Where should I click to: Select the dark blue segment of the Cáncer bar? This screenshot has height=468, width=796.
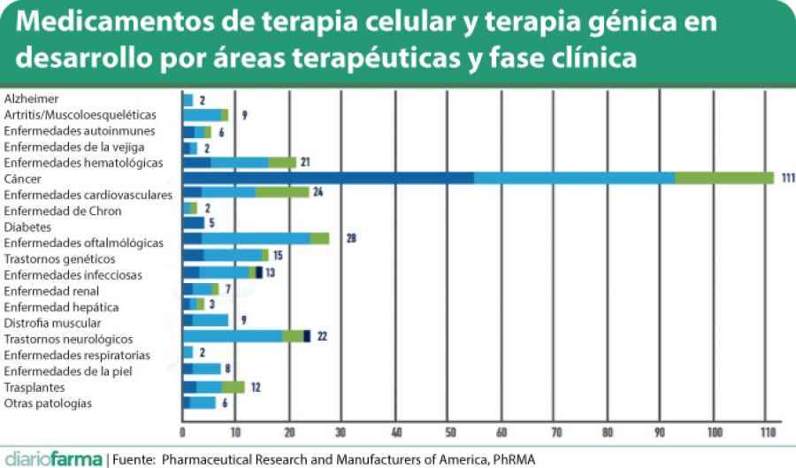coord(328,178)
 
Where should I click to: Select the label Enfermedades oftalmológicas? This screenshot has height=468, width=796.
coord(83,242)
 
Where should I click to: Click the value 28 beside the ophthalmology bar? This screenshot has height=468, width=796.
coord(351,239)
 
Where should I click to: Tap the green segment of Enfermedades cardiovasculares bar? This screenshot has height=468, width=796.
coord(282,194)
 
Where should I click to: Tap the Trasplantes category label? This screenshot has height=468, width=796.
coord(34,387)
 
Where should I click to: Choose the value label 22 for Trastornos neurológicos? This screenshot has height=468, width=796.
coord(322,337)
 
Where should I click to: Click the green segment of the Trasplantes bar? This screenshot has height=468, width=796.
coord(233,387)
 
